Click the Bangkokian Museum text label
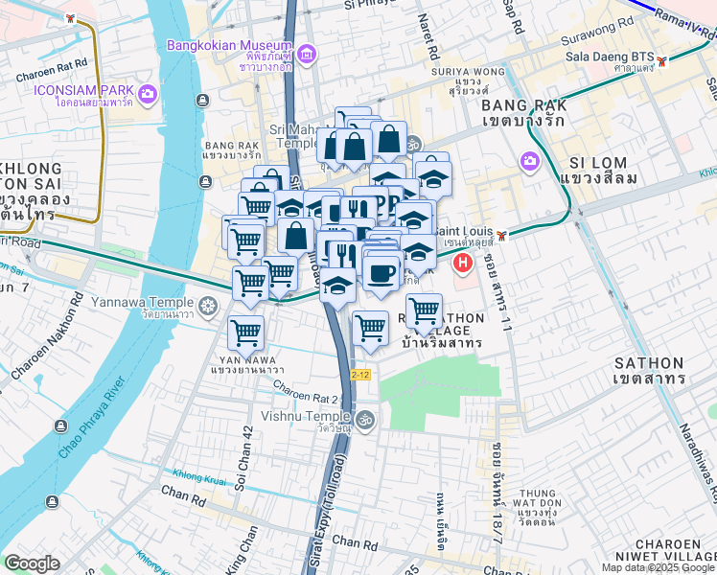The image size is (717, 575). click(x=229, y=46)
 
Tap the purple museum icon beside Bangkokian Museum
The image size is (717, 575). click(x=307, y=55)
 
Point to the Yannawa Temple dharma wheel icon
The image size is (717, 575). click(x=209, y=306)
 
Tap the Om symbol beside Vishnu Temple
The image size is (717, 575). click(x=364, y=419)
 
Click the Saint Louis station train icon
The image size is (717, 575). click(x=501, y=235)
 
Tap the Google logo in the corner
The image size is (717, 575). click(x=32, y=563)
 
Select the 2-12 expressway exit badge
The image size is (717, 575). click(x=360, y=375)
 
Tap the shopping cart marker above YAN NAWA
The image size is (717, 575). click(x=246, y=333)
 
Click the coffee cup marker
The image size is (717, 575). click(x=382, y=273)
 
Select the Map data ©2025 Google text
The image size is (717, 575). click(x=658, y=567)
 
